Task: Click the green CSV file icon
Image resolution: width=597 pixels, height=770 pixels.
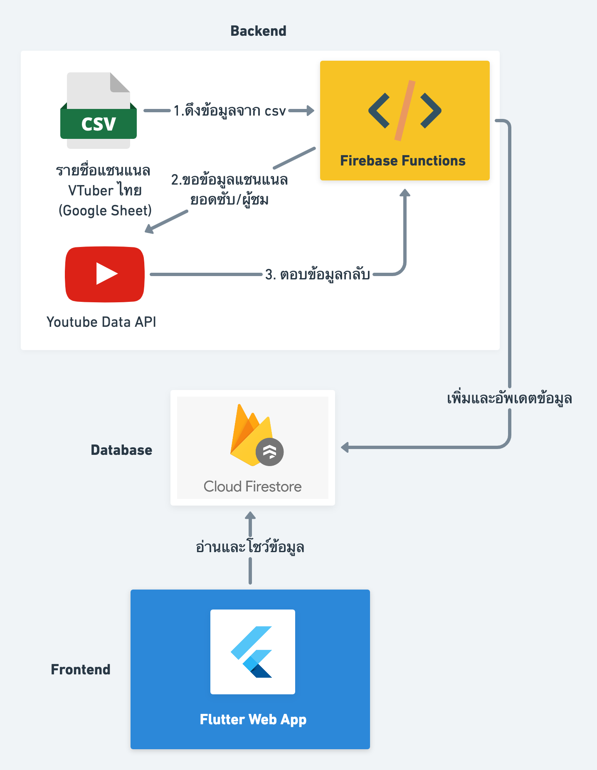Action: click(99, 111)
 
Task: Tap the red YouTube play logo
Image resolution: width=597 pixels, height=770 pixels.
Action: click(105, 274)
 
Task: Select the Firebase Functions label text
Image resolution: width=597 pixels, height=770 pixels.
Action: click(402, 161)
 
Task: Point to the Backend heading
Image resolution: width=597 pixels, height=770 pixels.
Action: click(258, 31)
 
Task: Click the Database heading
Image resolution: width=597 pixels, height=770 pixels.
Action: click(121, 450)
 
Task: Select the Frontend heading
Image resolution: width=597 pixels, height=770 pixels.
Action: click(81, 669)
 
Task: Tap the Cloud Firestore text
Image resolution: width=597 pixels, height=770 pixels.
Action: click(252, 486)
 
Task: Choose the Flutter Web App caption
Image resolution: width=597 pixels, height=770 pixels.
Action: click(253, 719)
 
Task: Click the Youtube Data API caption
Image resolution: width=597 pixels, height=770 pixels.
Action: click(101, 322)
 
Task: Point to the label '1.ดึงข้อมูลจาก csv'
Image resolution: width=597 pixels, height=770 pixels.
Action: click(229, 111)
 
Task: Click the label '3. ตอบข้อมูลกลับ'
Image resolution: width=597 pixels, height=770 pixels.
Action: click(318, 275)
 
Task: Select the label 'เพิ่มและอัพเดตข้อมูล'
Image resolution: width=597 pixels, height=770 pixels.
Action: click(509, 398)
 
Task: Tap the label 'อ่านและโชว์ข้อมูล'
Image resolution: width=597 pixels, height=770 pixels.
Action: click(250, 547)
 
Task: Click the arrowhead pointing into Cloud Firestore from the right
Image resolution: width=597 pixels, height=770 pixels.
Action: click(345, 447)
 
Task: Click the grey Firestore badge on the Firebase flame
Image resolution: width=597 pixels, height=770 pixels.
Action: click(269, 452)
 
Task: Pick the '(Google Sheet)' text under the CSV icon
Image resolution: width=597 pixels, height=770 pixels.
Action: click(105, 211)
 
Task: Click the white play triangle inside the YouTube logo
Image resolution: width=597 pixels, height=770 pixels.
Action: click(106, 274)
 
